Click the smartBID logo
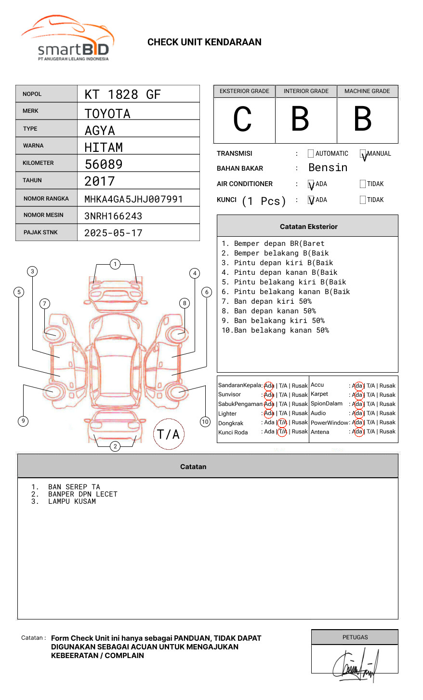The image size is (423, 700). tap(67, 39)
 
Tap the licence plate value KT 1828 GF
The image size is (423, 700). tap(122, 94)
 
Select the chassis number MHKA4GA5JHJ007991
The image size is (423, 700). tap(133, 199)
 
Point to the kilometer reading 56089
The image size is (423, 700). tap(104, 164)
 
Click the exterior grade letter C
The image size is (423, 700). tap(243, 119)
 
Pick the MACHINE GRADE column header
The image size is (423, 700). tap(367, 91)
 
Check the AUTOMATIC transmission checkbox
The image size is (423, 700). tap(311, 154)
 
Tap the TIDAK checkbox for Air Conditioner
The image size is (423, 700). tap(363, 184)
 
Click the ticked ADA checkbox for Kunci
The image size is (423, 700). tap(311, 200)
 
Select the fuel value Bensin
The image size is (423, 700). tap(328, 168)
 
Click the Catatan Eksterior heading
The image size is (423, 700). tap(308, 227)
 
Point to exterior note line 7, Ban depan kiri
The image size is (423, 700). tap(266, 301)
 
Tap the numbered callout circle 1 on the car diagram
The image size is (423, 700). tap(115, 264)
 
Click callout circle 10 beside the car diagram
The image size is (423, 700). tap(205, 422)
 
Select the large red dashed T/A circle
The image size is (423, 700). tap(169, 434)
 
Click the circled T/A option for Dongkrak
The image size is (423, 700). tap(282, 423)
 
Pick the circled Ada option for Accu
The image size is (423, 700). tap(357, 386)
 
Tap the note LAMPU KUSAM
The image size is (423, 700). tap(72, 501)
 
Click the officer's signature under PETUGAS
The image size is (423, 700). tap(355, 666)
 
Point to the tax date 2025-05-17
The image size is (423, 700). tap(113, 233)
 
